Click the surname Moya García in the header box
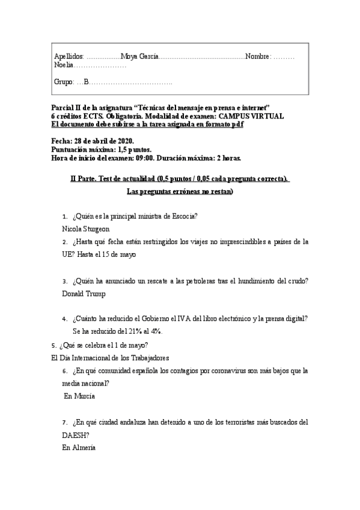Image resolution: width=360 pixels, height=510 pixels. point(139,56)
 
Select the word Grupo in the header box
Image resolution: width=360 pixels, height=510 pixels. point(64,82)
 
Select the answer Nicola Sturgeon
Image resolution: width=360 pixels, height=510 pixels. point(86,229)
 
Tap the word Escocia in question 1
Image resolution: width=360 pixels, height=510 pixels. point(183,217)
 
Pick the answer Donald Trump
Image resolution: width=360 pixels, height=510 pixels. point(84,294)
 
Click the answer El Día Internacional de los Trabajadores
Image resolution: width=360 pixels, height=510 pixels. point(111,358)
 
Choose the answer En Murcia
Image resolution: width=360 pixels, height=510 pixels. point(79,396)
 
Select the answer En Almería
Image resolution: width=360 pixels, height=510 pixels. point(79,447)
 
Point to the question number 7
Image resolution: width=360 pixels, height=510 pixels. point(64,422)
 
